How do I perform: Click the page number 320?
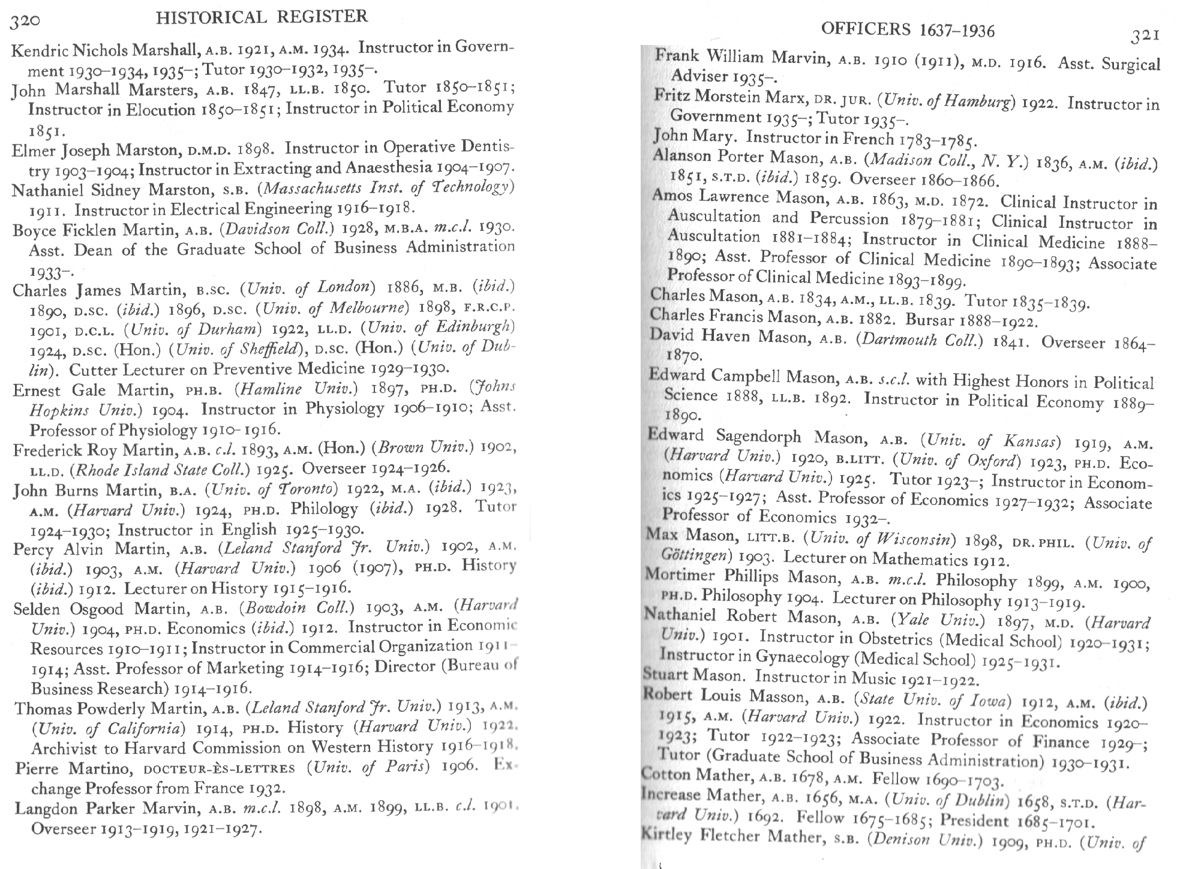pyautogui.click(x=26, y=21)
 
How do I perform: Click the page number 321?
pyautogui.click(x=1145, y=37)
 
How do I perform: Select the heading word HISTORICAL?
pyautogui.click(x=211, y=17)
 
